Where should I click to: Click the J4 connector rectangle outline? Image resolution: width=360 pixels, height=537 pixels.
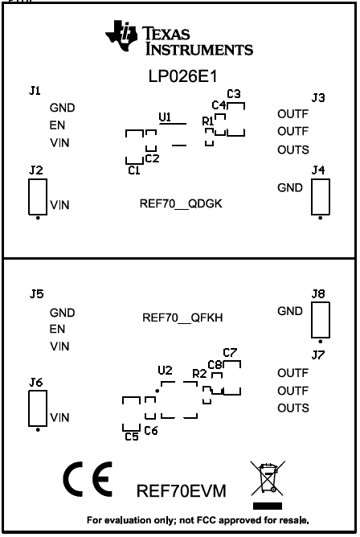point(321,196)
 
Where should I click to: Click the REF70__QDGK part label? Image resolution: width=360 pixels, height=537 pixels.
point(181,203)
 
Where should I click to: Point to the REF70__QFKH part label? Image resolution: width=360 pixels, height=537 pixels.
point(182,318)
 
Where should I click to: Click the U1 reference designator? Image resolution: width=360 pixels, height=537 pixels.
point(165,117)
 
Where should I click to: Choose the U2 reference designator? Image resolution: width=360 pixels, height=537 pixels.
point(165,371)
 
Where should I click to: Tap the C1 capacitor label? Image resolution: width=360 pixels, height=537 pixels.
point(134,170)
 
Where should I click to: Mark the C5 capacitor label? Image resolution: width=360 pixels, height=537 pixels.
point(132,437)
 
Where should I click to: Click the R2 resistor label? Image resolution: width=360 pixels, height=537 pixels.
point(199,374)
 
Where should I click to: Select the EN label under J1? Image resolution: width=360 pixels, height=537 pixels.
point(58,125)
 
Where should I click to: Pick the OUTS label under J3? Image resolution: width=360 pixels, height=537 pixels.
point(293,150)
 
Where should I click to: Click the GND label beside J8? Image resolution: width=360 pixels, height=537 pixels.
point(290,311)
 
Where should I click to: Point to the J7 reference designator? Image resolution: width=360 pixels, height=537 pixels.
point(318,355)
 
